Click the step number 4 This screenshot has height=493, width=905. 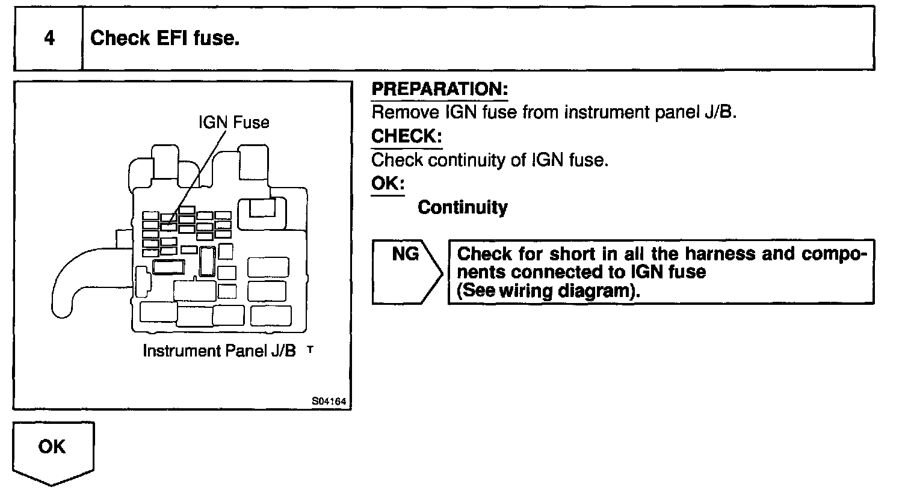tap(49, 38)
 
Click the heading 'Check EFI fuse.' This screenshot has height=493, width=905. tap(165, 38)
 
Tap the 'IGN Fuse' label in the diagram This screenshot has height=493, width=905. tap(233, 123)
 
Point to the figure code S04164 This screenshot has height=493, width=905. tap(330, 401)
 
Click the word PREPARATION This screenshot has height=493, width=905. tap(440, 90)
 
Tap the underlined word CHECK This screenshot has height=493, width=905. tap(406, 136)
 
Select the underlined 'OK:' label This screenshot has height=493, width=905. tap(388, 183)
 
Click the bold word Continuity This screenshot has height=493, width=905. tap(462, 207)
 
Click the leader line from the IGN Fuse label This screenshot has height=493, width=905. tap(199, 174)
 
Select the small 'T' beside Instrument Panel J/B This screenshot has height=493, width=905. tap(310, 348)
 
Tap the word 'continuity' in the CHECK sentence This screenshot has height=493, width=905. tap(491, 161)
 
